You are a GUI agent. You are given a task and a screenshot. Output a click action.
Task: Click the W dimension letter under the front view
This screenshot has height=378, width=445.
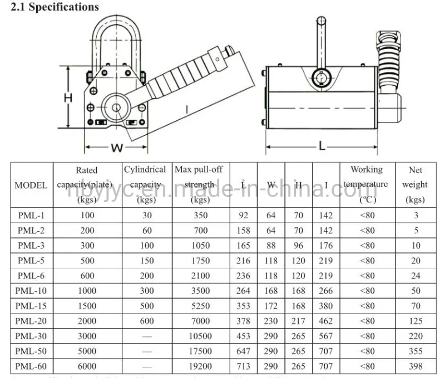(x=117, y=148)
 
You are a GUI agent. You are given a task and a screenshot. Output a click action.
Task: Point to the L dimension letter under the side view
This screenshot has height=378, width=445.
(x=322, y=146)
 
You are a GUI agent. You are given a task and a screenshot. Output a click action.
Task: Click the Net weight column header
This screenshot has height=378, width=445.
(x=415, y=185)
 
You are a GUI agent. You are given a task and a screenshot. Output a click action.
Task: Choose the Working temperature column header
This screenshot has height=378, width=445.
(x=366, y=184)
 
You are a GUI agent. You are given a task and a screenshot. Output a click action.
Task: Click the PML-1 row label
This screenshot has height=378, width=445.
(x=31, y=215)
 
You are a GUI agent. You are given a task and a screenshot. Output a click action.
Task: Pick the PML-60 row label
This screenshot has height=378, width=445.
(x=31, y=366)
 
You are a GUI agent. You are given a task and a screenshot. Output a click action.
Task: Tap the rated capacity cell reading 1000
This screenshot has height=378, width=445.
(x=87, y=291)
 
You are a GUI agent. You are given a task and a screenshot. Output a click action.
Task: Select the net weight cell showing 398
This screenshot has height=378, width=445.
(x=415, y=366)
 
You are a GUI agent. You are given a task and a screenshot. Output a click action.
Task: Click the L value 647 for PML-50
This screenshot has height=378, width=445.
(x=244, y=351)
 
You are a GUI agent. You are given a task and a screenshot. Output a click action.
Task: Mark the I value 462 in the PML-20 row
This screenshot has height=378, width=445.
(x=326, y=321)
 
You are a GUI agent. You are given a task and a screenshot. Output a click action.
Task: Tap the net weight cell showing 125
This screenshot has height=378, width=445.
(x=415, y=321)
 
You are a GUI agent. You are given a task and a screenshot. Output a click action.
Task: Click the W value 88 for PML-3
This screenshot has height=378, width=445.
(x=271, y=245)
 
